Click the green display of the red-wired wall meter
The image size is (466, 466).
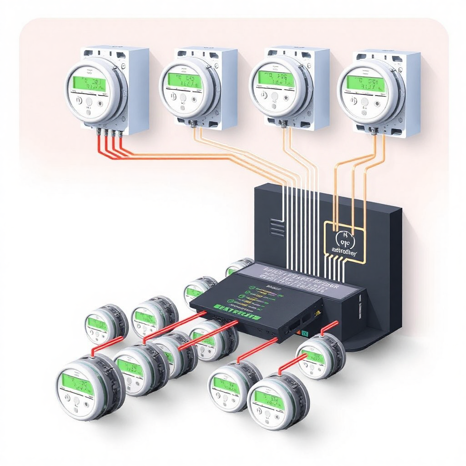pos(89,83)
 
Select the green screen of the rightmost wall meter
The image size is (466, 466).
pos(362,83)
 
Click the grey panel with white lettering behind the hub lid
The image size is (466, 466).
pos(296,278)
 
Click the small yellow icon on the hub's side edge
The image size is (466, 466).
pos(318,313)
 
